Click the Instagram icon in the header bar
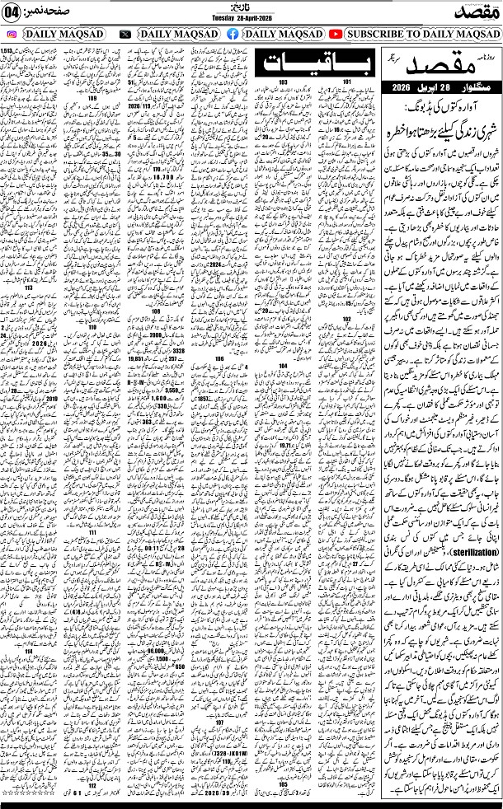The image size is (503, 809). [12, 35]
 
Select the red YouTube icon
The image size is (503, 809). [336, 35]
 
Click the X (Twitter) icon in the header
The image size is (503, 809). [125, 35]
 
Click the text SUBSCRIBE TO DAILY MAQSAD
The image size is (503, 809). [421, 35]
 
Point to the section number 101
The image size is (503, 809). [347, 82]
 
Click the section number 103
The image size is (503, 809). [282, 82]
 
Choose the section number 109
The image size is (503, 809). [92, 98]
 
